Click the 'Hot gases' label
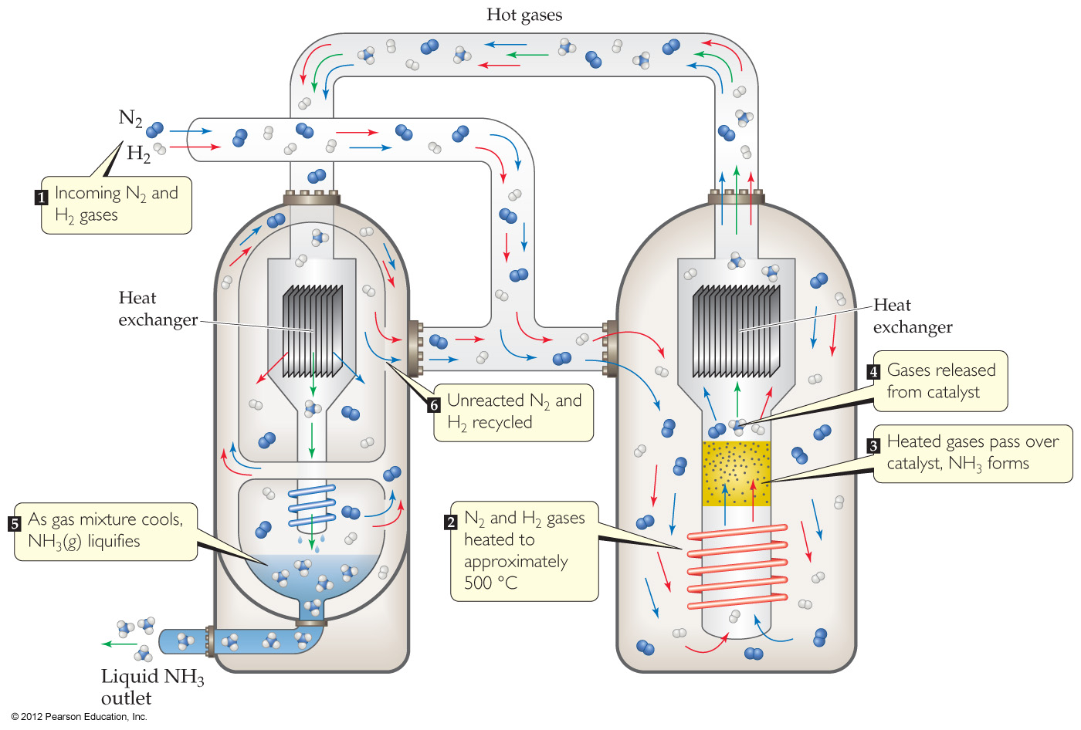(524, 15)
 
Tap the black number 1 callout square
(42, 198)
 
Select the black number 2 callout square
(451, 522)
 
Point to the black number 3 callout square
(873, 445)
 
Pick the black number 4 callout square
(873, 372)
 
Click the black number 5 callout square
(14, 524)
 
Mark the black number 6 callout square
(434, 404)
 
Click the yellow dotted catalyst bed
(736, 473)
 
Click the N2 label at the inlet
(130, 118)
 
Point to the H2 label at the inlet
(138, 154)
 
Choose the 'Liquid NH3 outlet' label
(151, 687)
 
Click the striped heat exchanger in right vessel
(736, 330)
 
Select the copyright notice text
(79, 717)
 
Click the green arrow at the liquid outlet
(119, 643)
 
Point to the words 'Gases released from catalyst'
(940, 381)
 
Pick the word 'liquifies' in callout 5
(114, 542)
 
